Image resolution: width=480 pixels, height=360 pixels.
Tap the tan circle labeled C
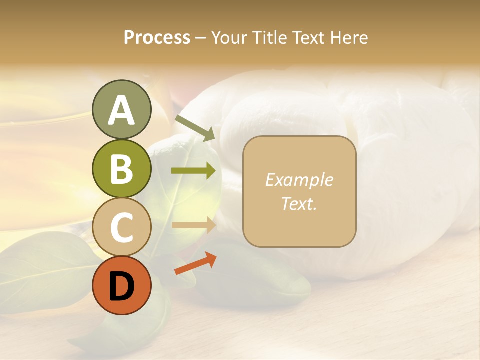[x=121, y=226]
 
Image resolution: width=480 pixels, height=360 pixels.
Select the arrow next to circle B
[x=194, y=171]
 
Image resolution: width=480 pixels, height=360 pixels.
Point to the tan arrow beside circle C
[x=194, y=225]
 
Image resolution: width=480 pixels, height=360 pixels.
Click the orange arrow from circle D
[x=195, y=263]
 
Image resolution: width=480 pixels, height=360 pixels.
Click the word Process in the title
[x=157, y=37]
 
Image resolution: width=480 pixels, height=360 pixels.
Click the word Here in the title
[x=349, y=37]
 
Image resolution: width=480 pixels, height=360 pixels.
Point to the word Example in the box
[x=299, y=180]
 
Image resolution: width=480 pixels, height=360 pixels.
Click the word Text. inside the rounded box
[x=299, y=203]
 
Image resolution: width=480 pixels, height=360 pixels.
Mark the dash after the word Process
[x=201, y=38]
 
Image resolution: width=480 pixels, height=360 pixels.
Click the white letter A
[x=121, y=111]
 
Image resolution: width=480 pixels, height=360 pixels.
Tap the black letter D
[x=121, y=287]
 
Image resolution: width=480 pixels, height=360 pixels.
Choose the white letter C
[x=121, y=227]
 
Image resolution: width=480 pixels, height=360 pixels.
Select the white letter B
[x=121, y=169]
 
